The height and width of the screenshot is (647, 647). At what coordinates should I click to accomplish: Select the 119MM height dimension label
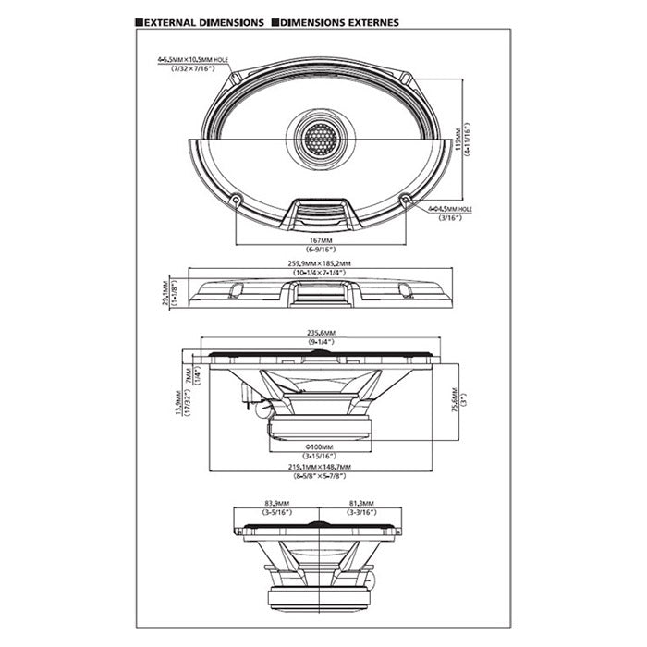(459, 137)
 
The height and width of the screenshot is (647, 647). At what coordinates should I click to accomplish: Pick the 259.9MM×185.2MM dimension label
(319, 264)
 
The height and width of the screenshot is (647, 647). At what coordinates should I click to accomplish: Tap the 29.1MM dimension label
(165, 290)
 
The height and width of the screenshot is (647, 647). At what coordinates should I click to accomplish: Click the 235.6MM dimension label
(319, 334)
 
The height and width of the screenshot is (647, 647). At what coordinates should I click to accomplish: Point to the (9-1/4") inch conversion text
(319, 343)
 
